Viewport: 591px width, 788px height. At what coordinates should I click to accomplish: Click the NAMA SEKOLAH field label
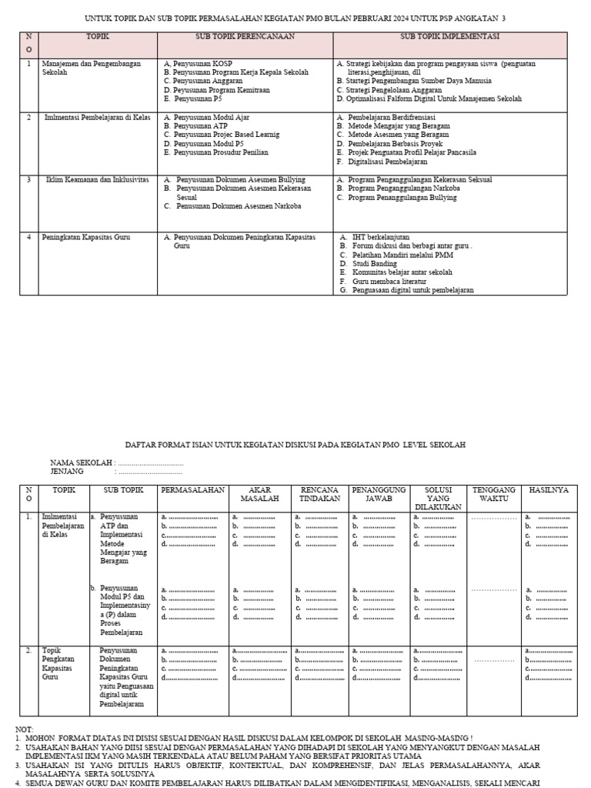(x=82, y=462)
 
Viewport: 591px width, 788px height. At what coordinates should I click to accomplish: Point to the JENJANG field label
(x=67, y=471)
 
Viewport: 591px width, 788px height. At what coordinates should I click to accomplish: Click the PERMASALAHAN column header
(x=192, y=489)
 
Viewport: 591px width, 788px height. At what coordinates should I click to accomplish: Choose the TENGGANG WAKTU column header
(x=493, y=494)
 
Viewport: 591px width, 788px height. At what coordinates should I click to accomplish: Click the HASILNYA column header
(x=548, y=489)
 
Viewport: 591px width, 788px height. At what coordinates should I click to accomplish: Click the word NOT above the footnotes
(x=24, y=728)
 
